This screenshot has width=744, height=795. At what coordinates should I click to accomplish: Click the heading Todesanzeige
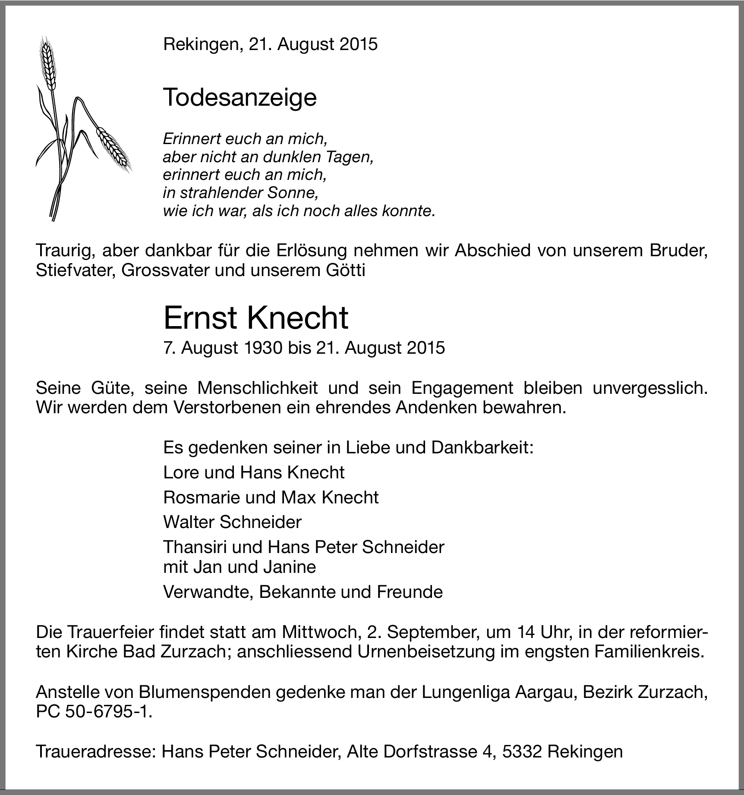[240, 98]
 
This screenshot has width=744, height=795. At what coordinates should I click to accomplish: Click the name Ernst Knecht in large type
[255, 318]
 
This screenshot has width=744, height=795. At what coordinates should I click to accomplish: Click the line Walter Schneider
[232, 522]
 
